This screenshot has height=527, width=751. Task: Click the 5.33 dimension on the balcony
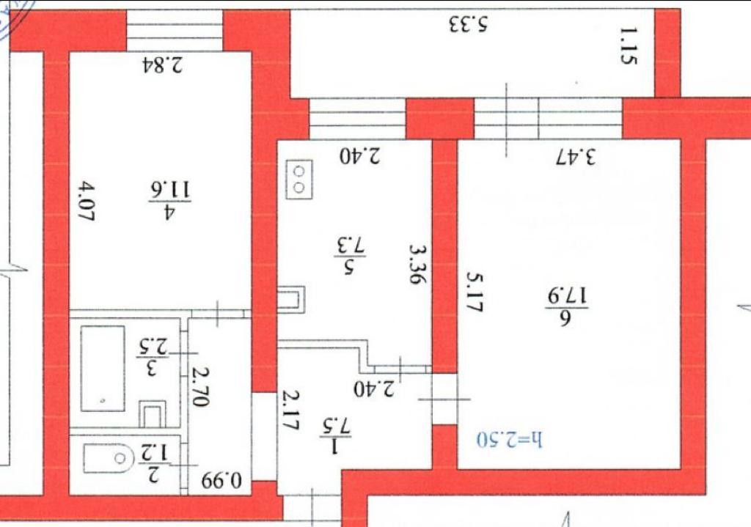click(469, 26)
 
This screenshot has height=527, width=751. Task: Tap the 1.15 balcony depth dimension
click(626, 46)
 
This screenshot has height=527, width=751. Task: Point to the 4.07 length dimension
click(87, 203)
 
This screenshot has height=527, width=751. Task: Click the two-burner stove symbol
click(299, 178)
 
